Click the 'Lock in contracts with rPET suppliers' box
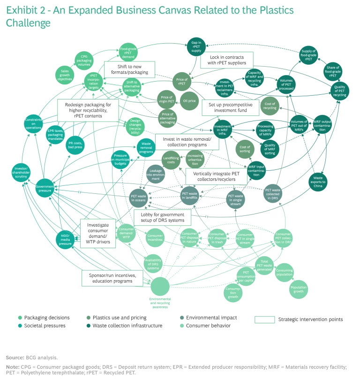tap(226, 60)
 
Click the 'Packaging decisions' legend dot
tap(20, 318)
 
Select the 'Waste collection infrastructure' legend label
tap(127, 325)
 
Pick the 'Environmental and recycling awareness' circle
tap(160, 287)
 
